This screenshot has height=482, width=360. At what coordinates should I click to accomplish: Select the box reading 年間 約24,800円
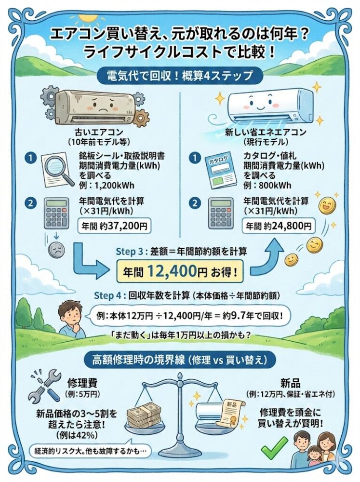279,225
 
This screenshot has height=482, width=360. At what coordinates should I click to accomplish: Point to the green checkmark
274,448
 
